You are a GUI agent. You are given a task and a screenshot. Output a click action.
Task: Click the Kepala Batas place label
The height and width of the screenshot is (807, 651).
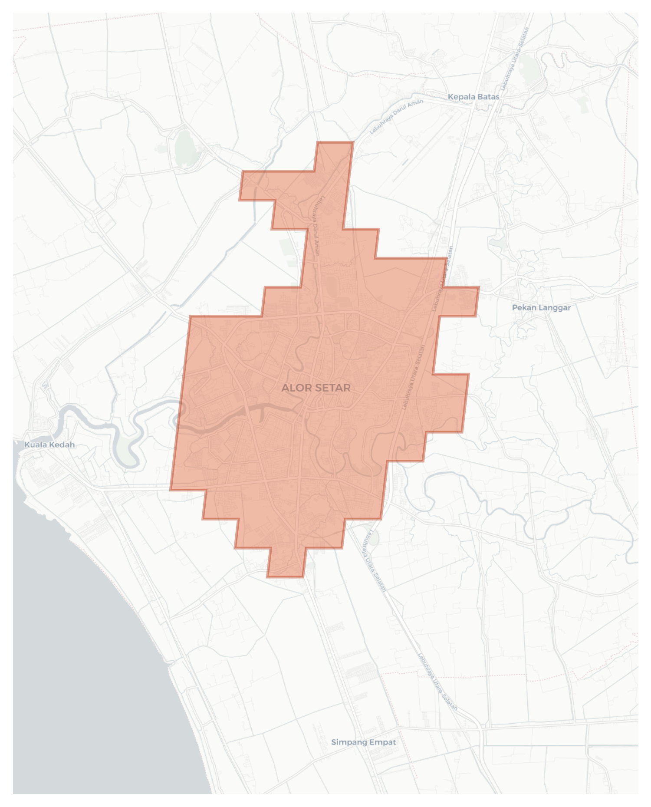(x=473, y=97)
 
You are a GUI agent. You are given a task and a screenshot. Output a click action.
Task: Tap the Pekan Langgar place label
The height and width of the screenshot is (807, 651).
(x=541, y=307)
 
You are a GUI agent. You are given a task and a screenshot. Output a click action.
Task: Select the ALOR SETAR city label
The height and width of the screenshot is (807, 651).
(x=316, y=388)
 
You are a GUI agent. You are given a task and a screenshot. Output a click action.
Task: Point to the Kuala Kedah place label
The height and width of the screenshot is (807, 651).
(x=49, y=445)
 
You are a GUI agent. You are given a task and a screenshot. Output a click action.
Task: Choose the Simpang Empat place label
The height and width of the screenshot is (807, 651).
(x=363, y=742)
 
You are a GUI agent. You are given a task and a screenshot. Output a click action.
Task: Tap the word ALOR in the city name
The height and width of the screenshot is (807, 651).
(x=295, y=388)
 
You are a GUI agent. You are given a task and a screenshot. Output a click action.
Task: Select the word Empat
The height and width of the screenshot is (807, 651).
(x=383, y=742)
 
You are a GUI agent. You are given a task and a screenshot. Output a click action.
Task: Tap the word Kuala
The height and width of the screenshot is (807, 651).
(x=34, y=445)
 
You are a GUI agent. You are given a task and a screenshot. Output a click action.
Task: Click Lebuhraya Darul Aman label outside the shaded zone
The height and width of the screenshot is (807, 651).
(x=396, y=116)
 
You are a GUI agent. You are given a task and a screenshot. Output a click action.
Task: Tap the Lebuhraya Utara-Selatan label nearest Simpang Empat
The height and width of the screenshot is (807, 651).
(x=437, y=682)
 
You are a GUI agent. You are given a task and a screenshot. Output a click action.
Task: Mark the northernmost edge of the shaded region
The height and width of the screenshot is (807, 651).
(x=335, y=142)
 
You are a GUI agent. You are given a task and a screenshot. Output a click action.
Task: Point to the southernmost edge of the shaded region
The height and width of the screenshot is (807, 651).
(x=285, y=576)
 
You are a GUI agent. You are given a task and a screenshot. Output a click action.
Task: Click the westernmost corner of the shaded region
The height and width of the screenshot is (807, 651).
(x=171, y=490)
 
